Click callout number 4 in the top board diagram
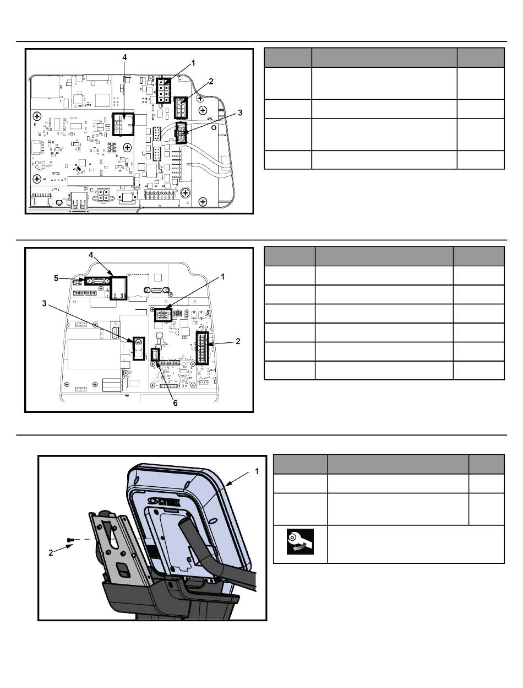(x=124, y=57)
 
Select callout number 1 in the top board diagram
(x=193, y=63)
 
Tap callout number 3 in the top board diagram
(x=240, y=112)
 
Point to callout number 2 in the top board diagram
(x=211, y=81)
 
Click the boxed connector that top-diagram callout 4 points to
(x=123, y=125)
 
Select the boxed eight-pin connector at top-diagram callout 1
(x=164, y=90)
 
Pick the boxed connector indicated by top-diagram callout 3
(x=181, y=133)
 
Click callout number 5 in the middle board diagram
(x=56, y=278)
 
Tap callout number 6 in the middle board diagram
(x=175, y=403)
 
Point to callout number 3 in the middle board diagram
(x=44, y=303)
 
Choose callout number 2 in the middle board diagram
(x=238, y=341)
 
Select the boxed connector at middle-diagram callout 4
(x=118, y=288)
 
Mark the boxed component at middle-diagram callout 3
(x=139, y=348)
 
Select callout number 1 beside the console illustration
(x=257, y=471)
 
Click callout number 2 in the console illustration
(x=51, y=552)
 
